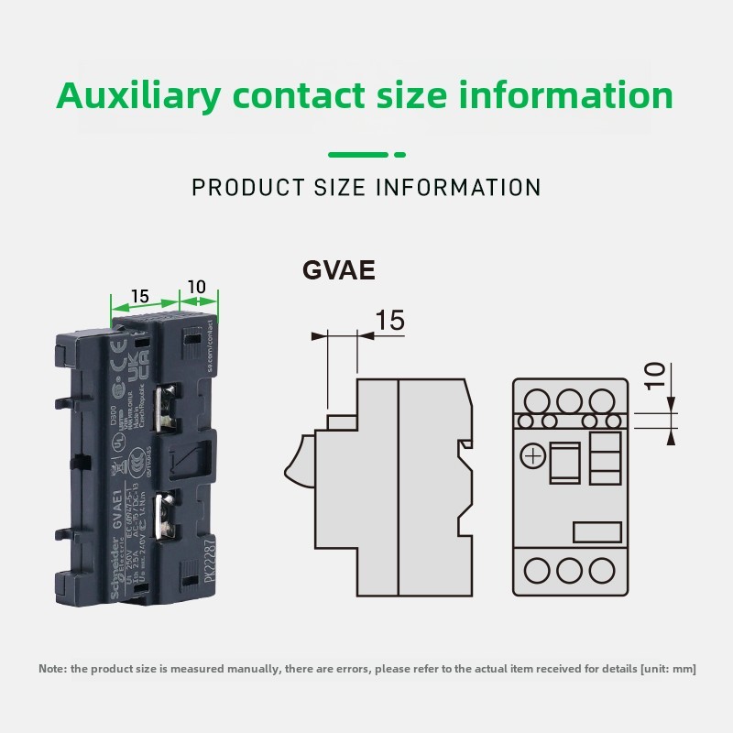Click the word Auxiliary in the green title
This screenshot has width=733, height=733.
pos(138,95)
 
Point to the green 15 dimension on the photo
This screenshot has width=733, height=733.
pos(139,296)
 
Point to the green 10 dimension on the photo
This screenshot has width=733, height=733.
pos(196,288)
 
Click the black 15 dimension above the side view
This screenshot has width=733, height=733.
pos(389,321)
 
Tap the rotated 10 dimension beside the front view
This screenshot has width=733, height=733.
pos(653,376)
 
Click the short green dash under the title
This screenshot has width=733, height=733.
pos(399,154)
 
